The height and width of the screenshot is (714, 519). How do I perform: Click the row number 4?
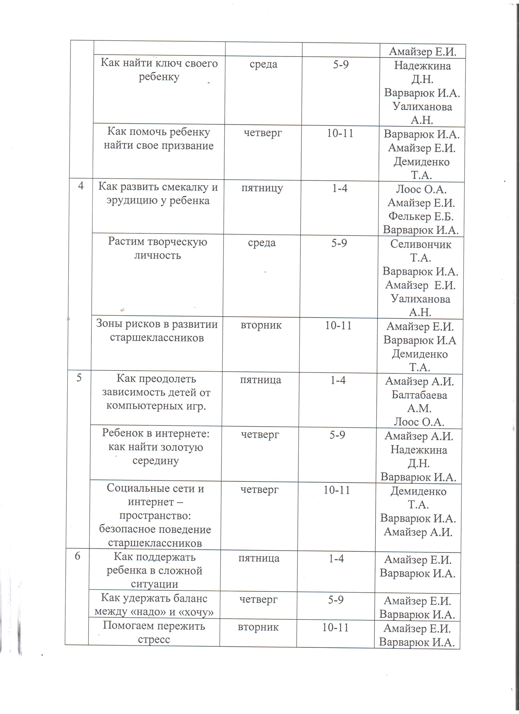[81, 186]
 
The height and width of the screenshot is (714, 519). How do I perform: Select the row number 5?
[79, 378]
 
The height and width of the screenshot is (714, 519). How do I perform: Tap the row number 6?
[77, 556]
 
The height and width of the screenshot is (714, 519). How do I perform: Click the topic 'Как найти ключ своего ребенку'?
[159, 70]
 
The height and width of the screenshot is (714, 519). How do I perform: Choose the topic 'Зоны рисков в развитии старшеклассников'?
[157, 331]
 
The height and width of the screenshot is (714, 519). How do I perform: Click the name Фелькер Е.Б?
[421, 216]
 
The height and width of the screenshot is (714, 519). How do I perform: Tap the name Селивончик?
[421, 244]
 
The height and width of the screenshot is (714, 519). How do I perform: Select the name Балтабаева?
[419, 395]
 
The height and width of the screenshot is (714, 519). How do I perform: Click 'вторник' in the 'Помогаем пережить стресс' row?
[258, 627]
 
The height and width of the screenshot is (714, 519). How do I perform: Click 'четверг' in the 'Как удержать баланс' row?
[258, 599]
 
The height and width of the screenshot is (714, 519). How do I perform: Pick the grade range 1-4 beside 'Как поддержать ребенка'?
[336, 558]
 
